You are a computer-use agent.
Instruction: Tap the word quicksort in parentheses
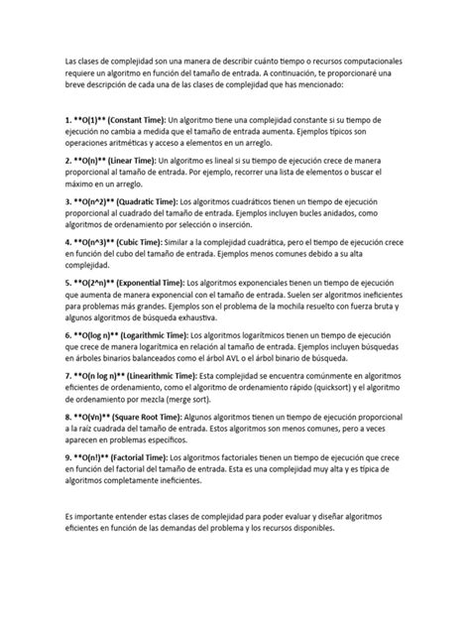[356, 390]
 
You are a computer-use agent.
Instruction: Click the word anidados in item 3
[332, 213]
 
